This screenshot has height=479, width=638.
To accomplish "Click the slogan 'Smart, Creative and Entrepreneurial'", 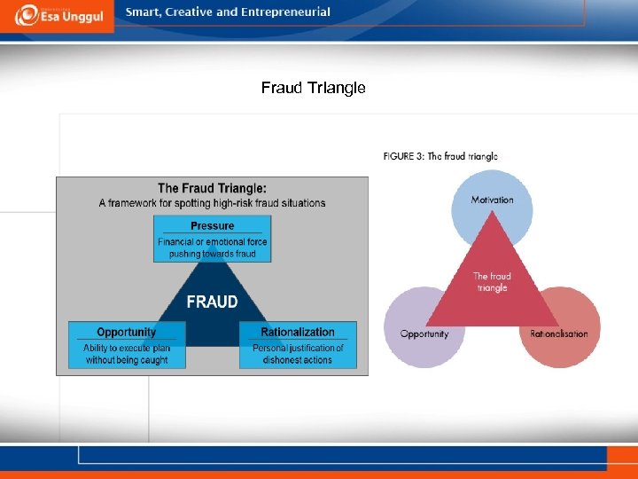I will click(x=228, y=12).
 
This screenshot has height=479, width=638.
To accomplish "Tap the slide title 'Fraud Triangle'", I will click(x=313, y=88).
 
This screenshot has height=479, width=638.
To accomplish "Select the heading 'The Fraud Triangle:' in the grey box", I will click(x=212, y=188).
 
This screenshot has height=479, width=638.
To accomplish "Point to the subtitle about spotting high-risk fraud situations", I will click(x=212, y=203).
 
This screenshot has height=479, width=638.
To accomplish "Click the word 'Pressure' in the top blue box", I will click(x=213, y=226).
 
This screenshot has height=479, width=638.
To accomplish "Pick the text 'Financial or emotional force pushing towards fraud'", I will click(x=213, y=247).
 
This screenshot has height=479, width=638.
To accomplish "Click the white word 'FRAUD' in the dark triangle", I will click(x=212, y=302).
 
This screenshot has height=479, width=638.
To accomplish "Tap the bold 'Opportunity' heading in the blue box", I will click(x=127, y=332).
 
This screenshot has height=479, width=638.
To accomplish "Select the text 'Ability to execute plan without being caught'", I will click(x=127, y=354).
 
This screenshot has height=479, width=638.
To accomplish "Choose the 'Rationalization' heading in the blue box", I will click(x=298, y=332).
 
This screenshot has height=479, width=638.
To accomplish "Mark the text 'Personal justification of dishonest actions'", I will click(x=298, y=354).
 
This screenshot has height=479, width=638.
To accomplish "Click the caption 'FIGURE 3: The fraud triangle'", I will click(x=440, y=156).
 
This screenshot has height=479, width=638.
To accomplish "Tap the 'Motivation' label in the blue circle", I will click(x=492, y=200).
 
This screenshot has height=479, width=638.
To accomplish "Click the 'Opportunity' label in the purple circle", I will click(x=424, y=334).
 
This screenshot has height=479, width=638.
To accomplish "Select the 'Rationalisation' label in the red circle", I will click(x=559, y=334).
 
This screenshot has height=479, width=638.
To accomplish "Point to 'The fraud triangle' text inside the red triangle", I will click(x=492, y=282).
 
